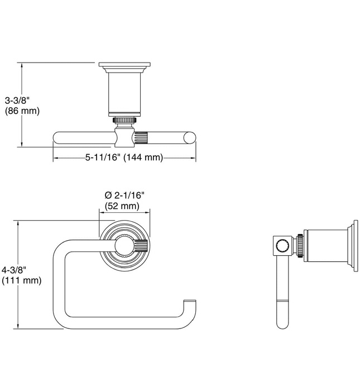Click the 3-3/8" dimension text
[x=16, y=101]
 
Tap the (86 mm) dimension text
[x=22, y=111]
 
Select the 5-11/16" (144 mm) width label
[x=124, y=158]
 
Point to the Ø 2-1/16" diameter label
[x=124, y=195]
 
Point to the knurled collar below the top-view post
[x=124, y=120]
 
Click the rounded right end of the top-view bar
[x=191, y=137]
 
